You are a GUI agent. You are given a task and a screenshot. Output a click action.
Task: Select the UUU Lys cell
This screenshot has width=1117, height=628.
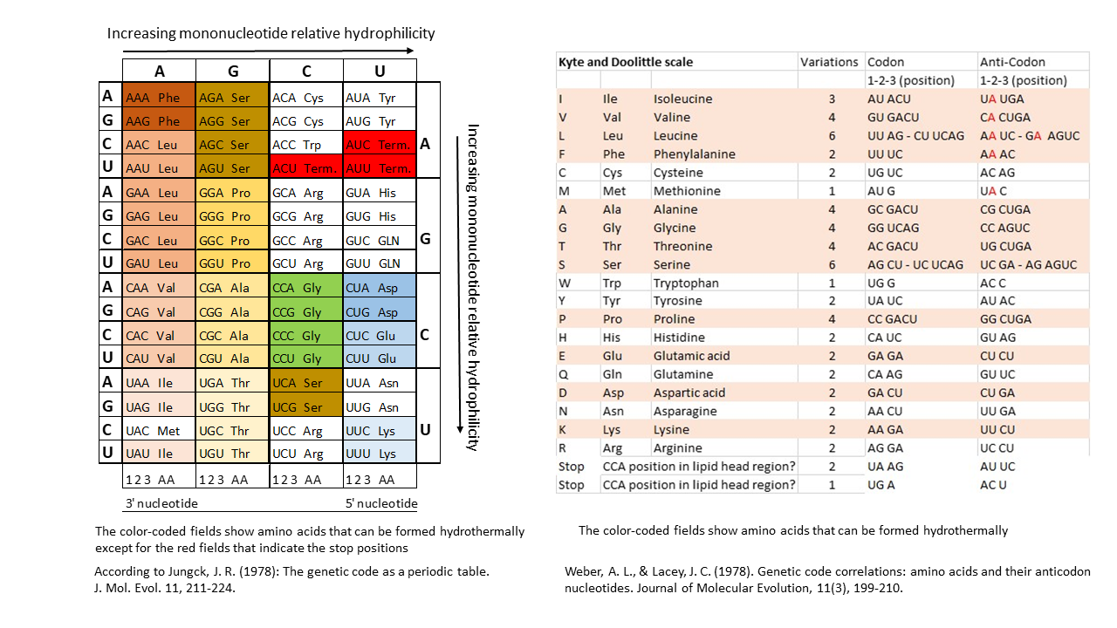380,452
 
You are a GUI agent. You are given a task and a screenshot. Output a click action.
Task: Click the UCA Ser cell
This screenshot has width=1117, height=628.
306,381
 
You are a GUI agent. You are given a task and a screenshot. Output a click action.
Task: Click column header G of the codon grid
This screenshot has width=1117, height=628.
233,71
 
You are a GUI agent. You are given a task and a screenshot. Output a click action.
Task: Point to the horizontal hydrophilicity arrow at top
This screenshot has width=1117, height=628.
268,51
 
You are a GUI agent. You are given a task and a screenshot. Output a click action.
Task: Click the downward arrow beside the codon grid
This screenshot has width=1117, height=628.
460,284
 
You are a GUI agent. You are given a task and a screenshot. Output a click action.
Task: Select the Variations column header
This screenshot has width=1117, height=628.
829,62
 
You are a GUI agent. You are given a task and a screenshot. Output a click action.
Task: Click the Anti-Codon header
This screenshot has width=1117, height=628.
1012,62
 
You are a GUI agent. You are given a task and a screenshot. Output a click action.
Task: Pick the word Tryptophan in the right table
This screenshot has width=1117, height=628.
686,283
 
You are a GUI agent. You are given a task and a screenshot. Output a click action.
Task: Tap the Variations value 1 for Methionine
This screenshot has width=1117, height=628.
832,191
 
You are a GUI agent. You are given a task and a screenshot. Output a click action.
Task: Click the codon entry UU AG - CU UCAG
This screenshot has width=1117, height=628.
915,135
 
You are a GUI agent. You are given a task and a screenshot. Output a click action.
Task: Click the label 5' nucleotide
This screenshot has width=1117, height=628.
381,503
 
